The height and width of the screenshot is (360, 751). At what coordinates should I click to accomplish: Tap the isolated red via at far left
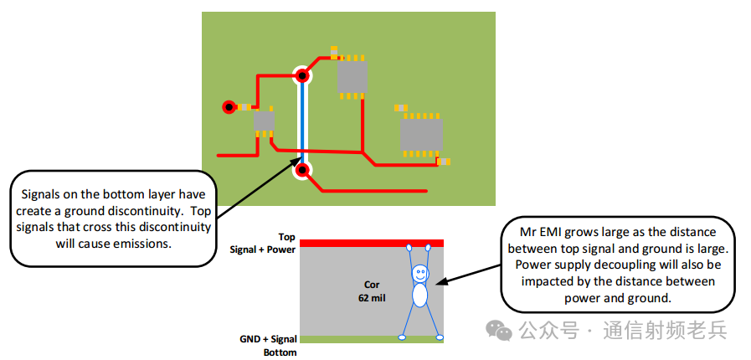229,106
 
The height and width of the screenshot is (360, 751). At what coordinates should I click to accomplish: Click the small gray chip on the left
264,121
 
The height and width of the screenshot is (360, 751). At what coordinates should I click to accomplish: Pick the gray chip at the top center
352,77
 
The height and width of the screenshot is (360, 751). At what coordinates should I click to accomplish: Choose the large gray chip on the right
420,134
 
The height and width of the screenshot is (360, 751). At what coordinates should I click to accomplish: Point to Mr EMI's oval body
419,295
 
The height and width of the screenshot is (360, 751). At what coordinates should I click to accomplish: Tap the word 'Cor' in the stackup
371,285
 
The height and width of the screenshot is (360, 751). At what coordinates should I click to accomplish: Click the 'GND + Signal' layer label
268,339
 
